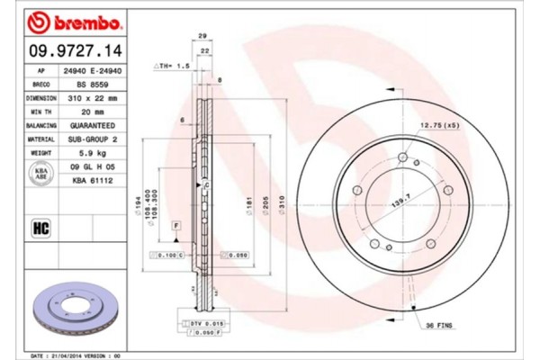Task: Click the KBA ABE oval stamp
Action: (x=40, y=173)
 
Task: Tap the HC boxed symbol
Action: (x=40, y=227)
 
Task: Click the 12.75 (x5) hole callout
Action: (x=438, y=125)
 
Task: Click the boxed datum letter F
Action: (x=175, y=222)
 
